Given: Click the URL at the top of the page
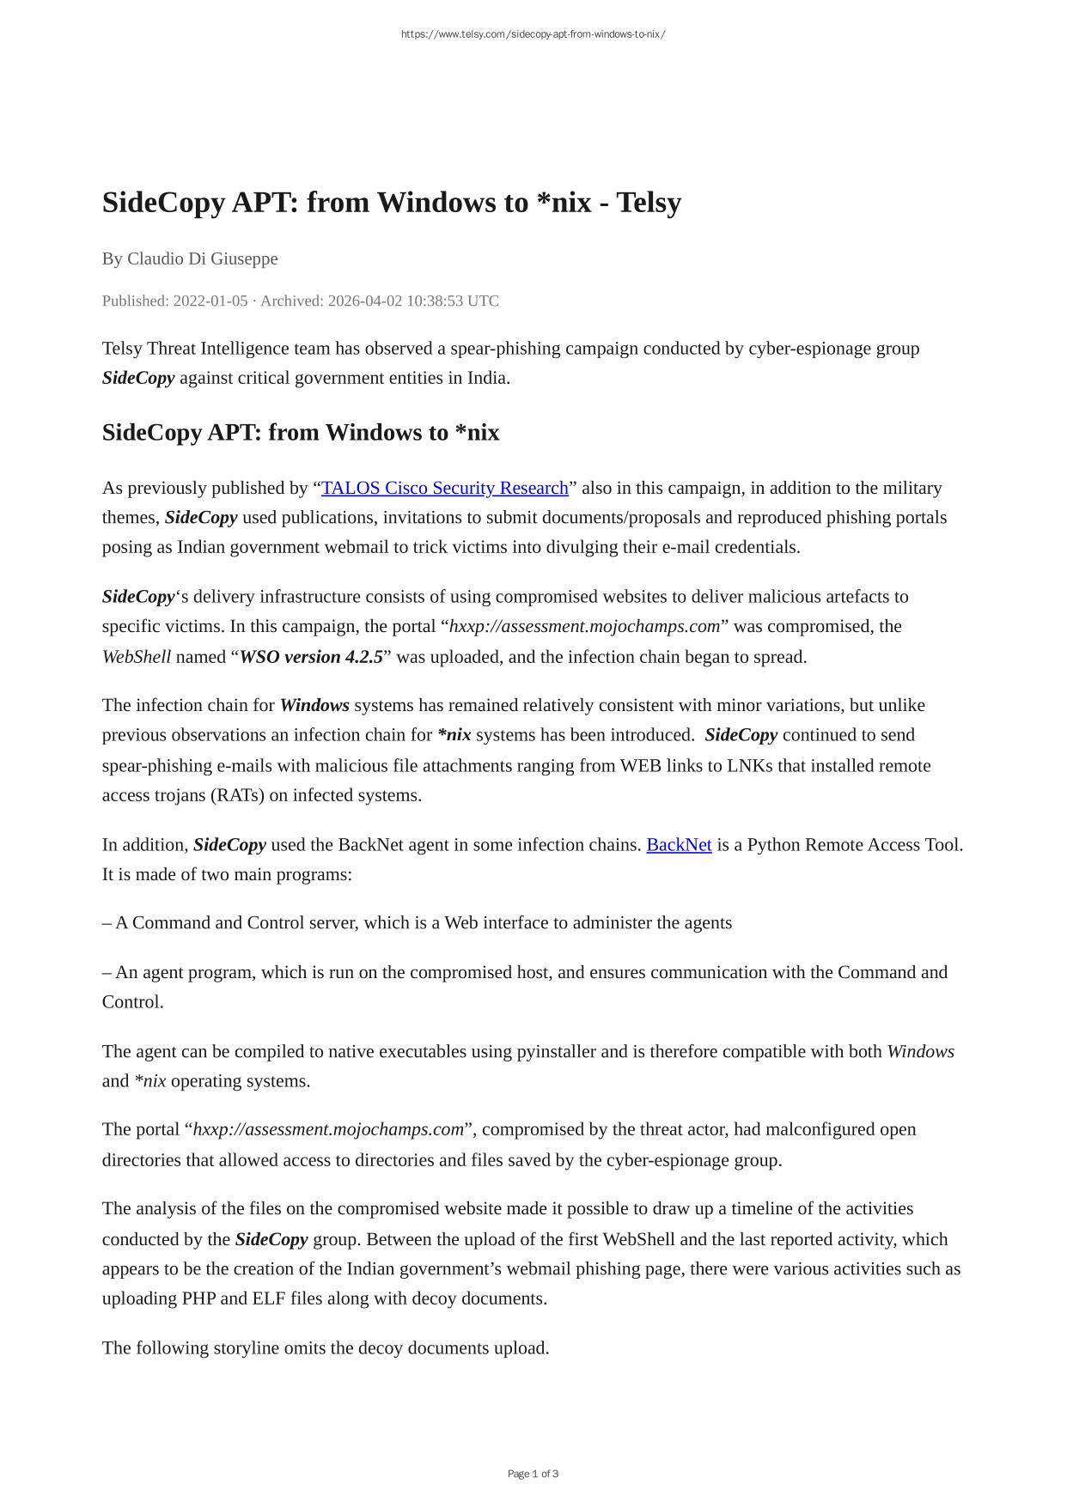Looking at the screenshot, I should (533, 34).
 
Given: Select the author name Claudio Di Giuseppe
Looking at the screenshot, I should (202, 258).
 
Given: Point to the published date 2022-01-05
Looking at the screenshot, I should (210, 301).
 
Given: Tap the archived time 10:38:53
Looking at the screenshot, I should (429, 301).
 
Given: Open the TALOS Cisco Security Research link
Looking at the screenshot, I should (445, 488).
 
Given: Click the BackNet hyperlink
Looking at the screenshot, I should (679, 845).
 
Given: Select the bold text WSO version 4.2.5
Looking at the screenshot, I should (311, 657).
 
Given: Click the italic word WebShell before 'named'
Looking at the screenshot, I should (137, 657).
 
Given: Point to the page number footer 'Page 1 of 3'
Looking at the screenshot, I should (533, 1474).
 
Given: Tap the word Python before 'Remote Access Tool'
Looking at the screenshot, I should (774, 845).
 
